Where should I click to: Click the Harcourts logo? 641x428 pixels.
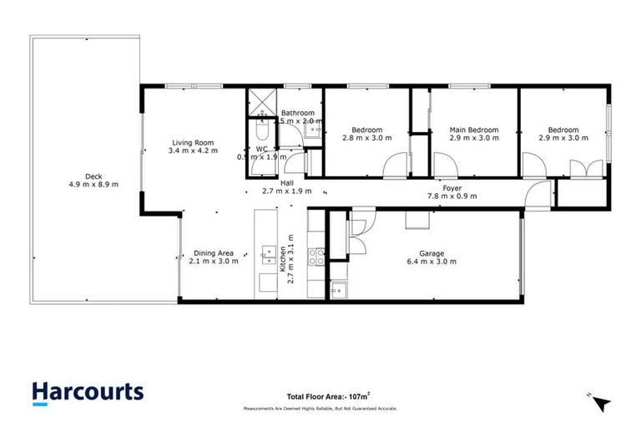88,392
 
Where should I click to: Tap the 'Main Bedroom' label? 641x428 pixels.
473,130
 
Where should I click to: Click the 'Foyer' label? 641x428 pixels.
452,189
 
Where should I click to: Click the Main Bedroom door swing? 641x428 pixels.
442,167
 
